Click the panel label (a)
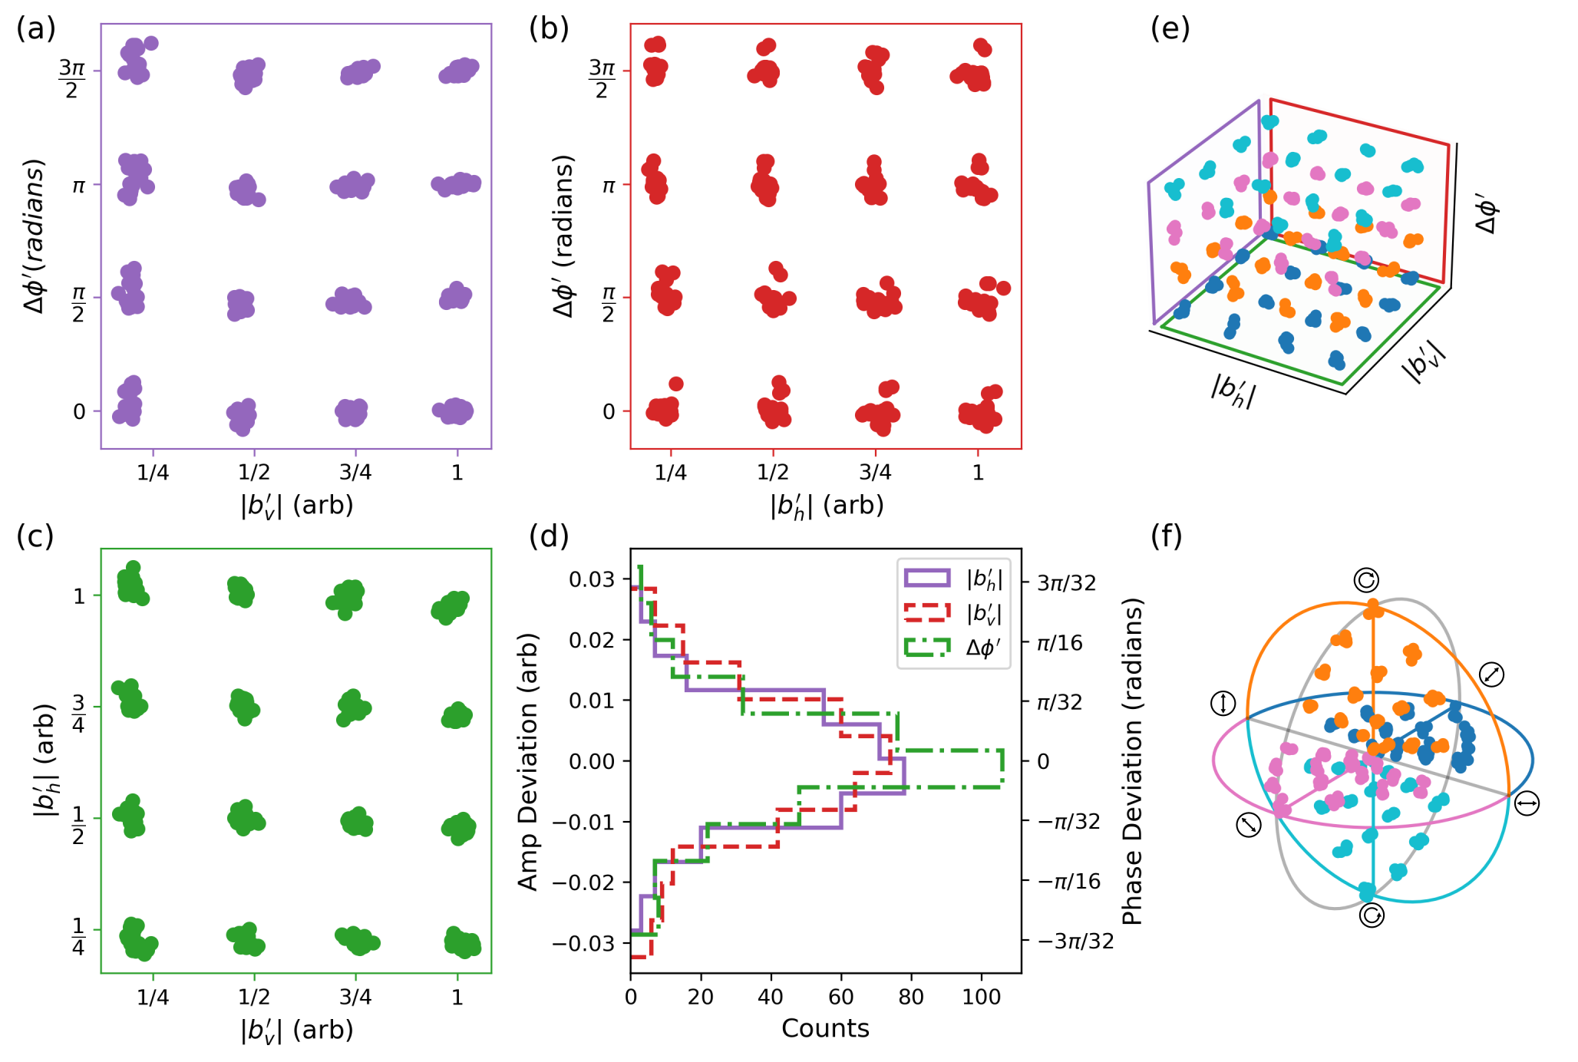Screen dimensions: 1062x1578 (36, 28)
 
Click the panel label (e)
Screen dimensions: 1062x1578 (1170, 28)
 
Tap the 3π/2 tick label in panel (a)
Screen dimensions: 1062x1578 (71, 79)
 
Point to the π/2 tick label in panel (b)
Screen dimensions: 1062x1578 (607, 305)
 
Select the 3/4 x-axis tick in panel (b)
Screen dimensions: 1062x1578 (875, 473)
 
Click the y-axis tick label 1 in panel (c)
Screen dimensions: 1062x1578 (79, 596)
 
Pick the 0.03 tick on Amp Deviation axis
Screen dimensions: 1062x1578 (592, 579)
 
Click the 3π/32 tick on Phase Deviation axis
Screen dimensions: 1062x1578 (1066, 583)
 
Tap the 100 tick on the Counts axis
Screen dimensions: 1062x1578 (981, 997)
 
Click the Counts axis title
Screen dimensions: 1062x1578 (825, 1028)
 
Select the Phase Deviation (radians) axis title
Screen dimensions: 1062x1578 (1133, 761)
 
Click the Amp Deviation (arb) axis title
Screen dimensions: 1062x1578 (528, 761)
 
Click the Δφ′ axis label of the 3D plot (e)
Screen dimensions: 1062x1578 (1487, 213)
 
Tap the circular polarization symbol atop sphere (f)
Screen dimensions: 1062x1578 (1366, 579)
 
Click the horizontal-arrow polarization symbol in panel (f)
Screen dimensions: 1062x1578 (1527, 803)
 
